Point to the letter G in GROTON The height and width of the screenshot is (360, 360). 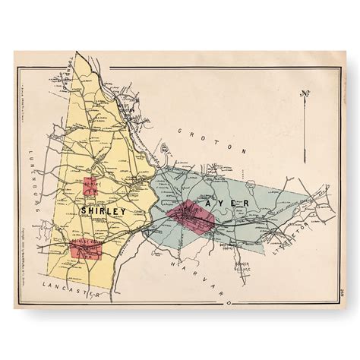pyautogui.click(x=179, y=131)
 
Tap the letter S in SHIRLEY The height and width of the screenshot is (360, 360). pyautogui.click(x=81, y=210)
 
